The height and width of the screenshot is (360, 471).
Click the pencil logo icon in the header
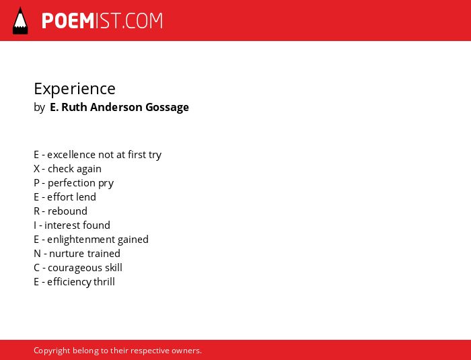[x=20, y=21]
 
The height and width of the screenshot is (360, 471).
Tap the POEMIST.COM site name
[x=102, y=21]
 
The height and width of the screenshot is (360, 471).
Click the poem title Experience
[x=75, y=89]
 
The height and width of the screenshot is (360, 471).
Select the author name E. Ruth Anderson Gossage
[x=119, y=107]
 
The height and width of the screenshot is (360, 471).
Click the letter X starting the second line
[x=36, y=169]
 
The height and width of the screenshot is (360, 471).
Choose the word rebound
[x=67, y=211]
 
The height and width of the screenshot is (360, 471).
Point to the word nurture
[x=63, y=254]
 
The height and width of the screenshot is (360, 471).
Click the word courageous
[x=75, y=268]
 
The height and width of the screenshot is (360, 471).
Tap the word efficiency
[x=69, y=282]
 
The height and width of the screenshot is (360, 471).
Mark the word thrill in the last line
[x=104, y=282]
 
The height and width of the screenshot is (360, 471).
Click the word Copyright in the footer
[x=52, y=351]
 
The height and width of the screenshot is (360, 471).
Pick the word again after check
[x=89, y=169]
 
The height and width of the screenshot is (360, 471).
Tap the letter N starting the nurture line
[x=37, y=254]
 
